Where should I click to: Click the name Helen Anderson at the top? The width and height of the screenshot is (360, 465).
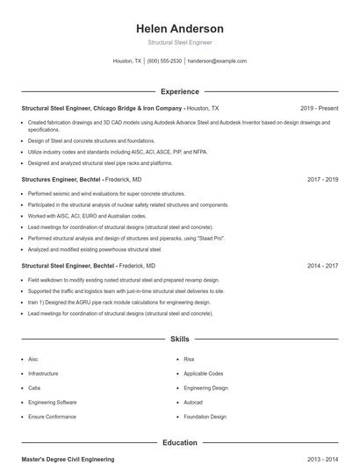point(180,29)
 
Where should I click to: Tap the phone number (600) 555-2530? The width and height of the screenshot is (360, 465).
point(164,61)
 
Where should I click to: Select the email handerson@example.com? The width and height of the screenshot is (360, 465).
point(217,61)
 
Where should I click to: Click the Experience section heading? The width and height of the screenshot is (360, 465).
point(180,91)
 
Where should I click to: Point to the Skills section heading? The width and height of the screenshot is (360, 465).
point(180,339)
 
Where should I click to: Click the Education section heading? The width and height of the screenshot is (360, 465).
point(180,443)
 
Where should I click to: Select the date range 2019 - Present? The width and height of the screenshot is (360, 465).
point(319,108)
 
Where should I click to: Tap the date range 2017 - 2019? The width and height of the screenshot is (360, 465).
point(323,179)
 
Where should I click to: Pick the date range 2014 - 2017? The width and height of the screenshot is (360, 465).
point(323,265)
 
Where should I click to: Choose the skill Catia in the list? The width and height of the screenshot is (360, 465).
point(34,388)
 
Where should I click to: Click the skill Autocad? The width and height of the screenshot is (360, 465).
point(193,403)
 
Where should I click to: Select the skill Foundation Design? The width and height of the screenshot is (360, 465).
point(205,417)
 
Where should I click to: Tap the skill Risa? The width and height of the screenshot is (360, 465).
point(189,359)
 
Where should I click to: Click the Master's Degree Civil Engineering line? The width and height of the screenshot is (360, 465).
point(68,459)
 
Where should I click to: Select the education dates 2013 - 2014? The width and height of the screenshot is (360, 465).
point(323,459)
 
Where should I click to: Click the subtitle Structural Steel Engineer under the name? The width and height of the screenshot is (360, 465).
point(180,42)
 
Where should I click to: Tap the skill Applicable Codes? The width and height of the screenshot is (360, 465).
point(204,373)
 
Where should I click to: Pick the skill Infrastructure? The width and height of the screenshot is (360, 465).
point(43,373)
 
